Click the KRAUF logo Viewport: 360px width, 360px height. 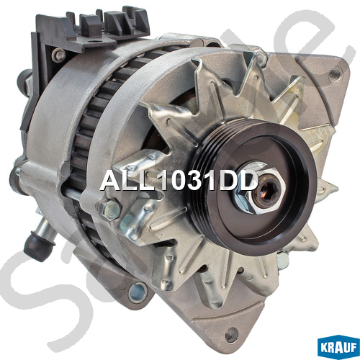coord(338,348)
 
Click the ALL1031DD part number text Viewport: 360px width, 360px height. coord(179,181)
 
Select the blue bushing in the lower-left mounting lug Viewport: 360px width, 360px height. coord(137,292)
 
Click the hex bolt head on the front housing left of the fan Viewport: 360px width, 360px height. coord(109,210)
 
